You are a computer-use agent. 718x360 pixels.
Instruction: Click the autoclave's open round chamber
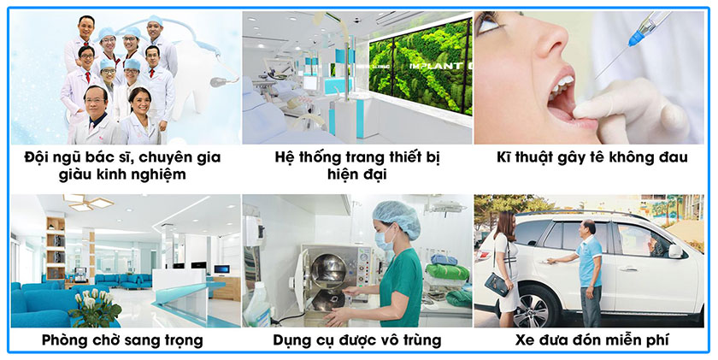pyautogui.click(x=328, y=272)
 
